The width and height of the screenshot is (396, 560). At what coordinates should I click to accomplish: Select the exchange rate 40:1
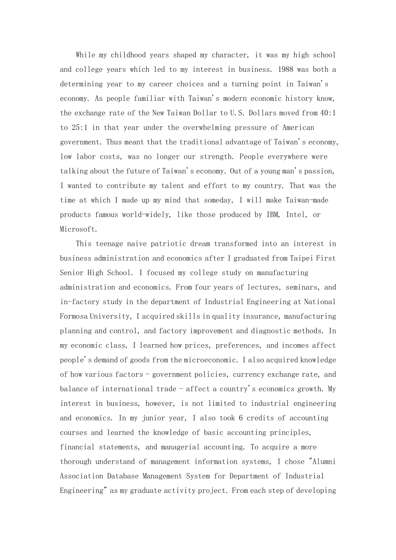(x=328, y=113)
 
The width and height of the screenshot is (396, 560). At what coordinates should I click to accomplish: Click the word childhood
(x=128, y=55)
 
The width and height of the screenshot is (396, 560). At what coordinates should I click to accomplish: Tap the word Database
(x=123, y=476)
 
